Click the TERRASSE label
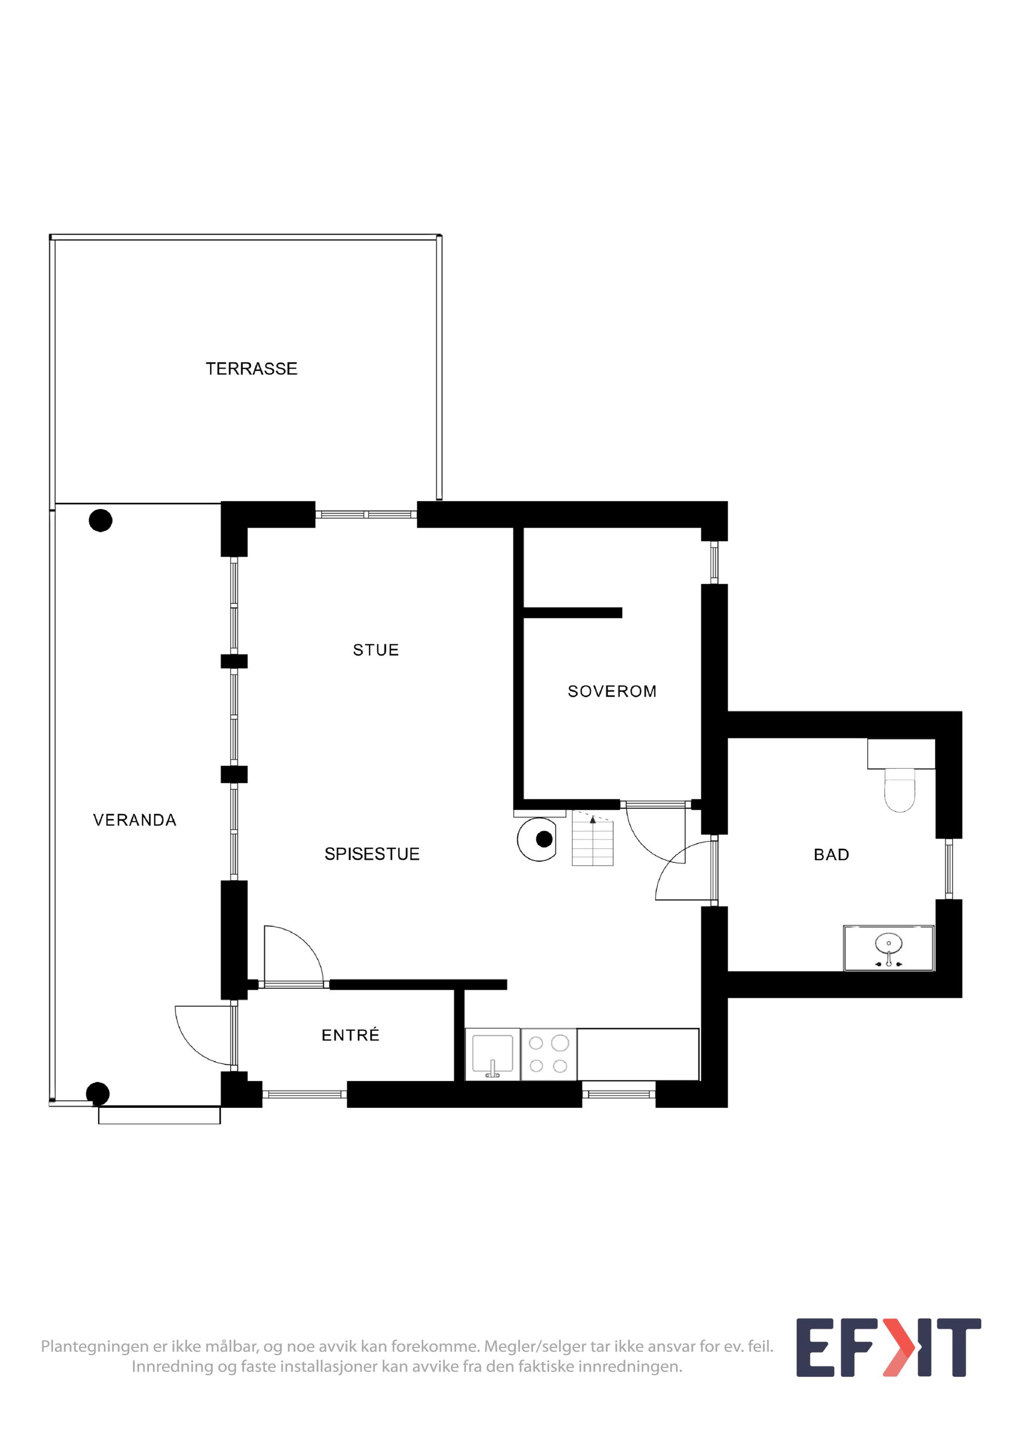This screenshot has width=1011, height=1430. pyautogui.click(x=252, y=369)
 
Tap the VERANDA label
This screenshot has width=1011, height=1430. pyautogui.click(x=135, y=820)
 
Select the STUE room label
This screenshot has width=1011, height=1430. pyautogui.click(x=375, y=650)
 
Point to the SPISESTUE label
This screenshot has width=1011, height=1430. pyautogui.click(x=372, y=854)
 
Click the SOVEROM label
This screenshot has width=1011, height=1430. pyautogui.click(x=612, y=691)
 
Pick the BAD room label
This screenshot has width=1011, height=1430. pyautogui.click(x=831, y=855)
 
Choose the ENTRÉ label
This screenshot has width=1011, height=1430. pyautogui.click(x=350, y=1035)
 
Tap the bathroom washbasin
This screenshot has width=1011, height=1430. pyautogui.click(x=889, y=948)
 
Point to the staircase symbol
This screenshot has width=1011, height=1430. pyautogui.click(x=593, y=838)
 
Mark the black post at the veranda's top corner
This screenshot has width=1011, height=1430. pyautogui.click(x=100, y=520)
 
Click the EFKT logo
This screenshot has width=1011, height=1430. pyautogui.click(x=888, y=1347)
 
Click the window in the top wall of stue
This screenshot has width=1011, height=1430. pyautogui.click(x=365, y=514)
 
